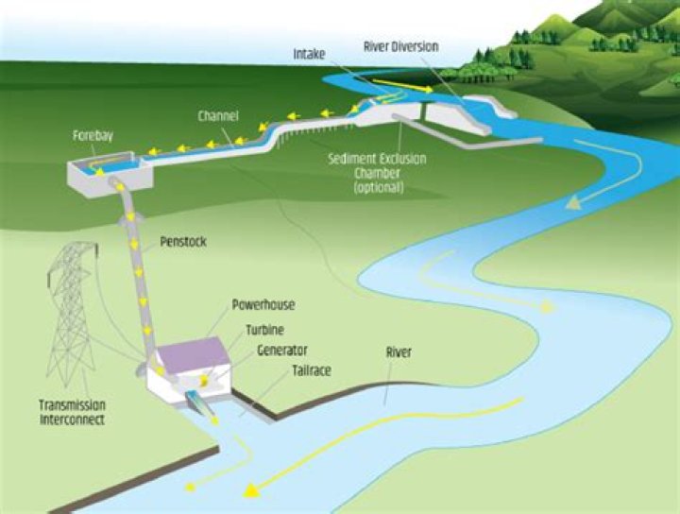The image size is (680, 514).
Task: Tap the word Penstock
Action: [x=183, y=242]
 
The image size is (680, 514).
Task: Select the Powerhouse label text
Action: [x=263, y=306]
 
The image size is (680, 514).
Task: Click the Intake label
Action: [x=310, y=55]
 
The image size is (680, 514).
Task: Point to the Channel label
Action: [x=218, y=116]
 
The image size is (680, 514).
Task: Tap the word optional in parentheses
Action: [x=379, y=187]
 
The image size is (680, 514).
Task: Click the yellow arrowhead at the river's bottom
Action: [x=251, y=490]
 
